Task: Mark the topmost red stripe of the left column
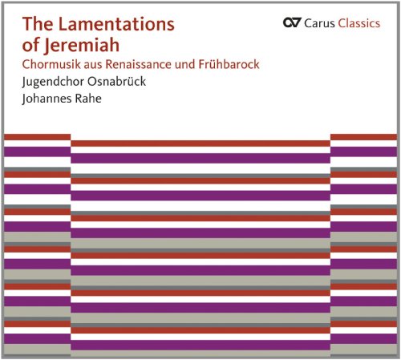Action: (36, 137)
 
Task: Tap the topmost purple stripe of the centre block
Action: (200, 158)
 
